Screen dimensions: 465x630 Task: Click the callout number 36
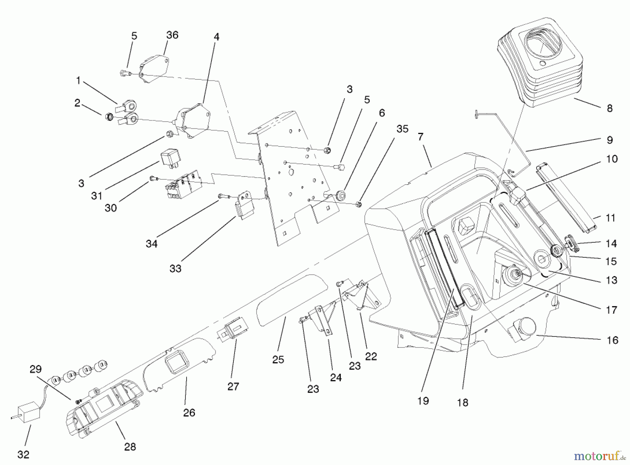[x=172, y=35]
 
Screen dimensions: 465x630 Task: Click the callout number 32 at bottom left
[x=23, y=455]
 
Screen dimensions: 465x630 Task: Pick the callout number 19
[x=423, y=401]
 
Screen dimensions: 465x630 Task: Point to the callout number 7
[x=420, y=137]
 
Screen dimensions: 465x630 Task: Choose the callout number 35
[x=402, y=129]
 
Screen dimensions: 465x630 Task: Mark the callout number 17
[x=611, y=310]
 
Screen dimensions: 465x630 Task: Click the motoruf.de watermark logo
[x=599, y=456]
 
